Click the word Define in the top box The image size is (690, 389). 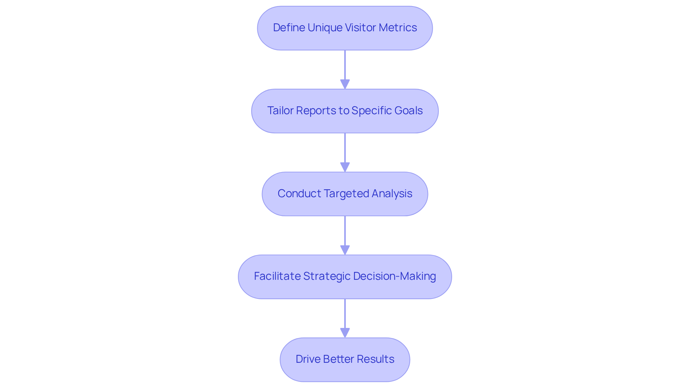tap(289, 28)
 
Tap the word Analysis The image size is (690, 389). tap(392, 194)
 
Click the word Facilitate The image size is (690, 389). tap(277, 276)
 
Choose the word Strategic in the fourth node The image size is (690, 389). tap(327, 276)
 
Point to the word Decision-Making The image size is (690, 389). tap(394, 276)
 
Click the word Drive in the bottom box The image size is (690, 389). tap(308, 359)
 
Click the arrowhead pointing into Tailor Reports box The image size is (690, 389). tap(345, 84)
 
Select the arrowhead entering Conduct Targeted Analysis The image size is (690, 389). tap(345, 167)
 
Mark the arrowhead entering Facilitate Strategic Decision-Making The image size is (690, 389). tap(345, 250)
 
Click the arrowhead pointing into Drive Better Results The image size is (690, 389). tap(345, 333)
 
